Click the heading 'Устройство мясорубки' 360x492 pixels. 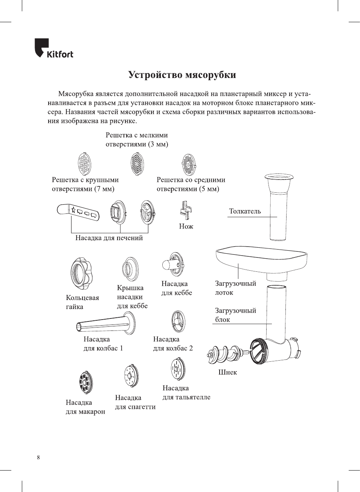pyautogui.click(x=182, y=75)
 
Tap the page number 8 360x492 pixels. pyautogui.click(x=38, y=457)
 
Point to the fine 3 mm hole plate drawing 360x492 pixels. pyautogui.click(x=137, y=165)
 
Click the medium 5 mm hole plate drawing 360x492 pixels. pyautogui.click(x=189, y=164)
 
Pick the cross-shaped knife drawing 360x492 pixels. pyautogui.click(x=186, y=210)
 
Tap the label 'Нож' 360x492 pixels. pyautogui.click(x=186, y=226)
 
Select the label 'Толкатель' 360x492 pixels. pyautogui.click(x=245, y=211)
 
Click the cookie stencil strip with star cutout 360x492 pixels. pyautogui.click(x=78, y=212)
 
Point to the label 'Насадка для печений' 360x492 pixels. pyautogui.click(x=109, y=238)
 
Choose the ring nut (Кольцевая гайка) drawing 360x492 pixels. pyautogui.click(x=81, y=273)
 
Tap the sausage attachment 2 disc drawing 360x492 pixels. pyautogui.click(x=178, y=322)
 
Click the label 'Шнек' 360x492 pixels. pyautogui.click(x=227, y=372)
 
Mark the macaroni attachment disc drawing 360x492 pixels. pyautogui.click(x=85, y=382)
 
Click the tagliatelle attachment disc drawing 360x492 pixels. pyautogui.click(x=177, y=369)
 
